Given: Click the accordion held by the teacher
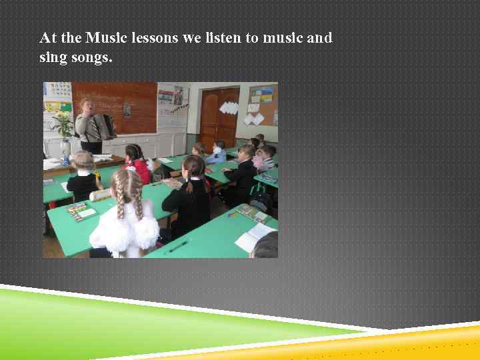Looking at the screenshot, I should coord(105,127).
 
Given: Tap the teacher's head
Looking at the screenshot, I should coord(87,106).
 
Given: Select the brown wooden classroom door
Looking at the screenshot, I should coord(219,117).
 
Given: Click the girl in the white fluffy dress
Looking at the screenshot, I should coord(125,217).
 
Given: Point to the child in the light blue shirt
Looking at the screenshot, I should coord(217,153).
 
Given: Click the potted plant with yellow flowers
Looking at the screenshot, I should coord(64,126).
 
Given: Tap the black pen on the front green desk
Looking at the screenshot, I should coord(178,247).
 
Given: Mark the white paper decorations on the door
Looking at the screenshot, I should coord(229,107).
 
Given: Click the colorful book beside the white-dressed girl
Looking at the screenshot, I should coord(80,211).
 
